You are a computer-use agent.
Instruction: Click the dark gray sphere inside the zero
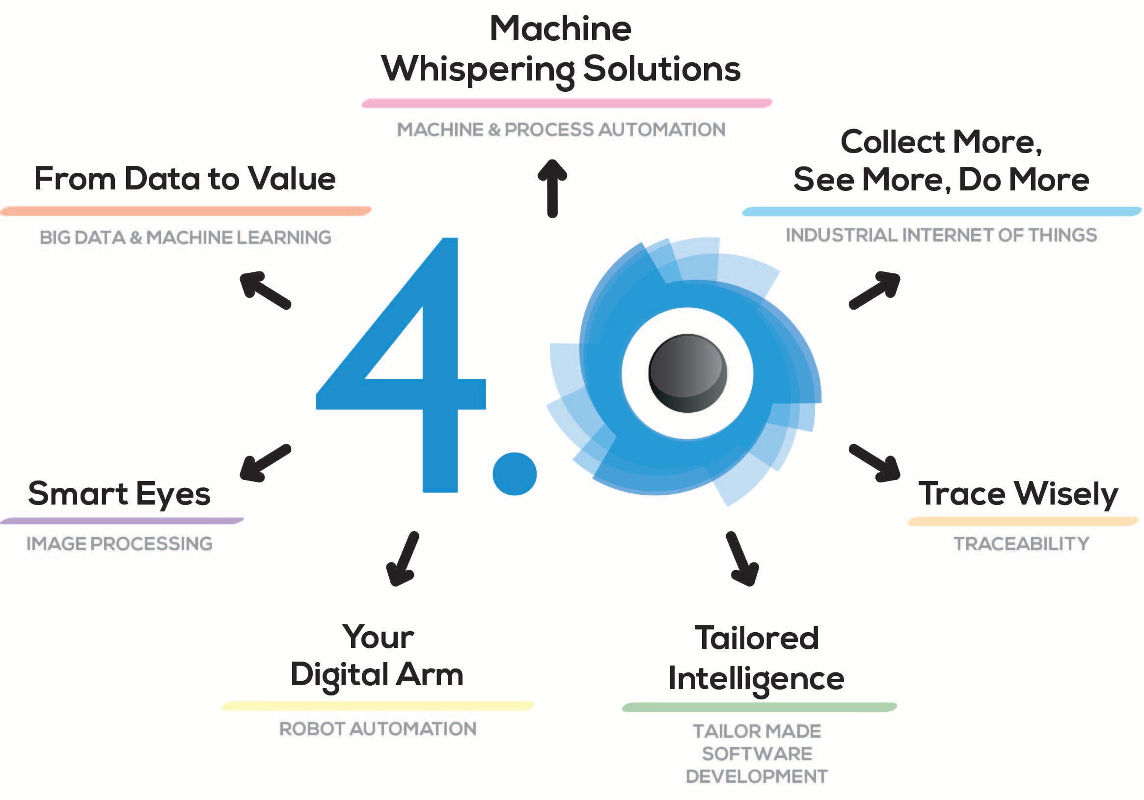pyautogui.click(x=687, y=373)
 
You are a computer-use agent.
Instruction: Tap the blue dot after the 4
pyautogui.click(x=514, y=474)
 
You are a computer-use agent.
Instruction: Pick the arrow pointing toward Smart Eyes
pyautogui.click(x=265, y=463)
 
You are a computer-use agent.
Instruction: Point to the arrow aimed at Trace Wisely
pyautogui.click(x=875, y=463)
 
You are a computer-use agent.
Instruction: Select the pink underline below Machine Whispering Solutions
pyautogui.click(x=567, y=103)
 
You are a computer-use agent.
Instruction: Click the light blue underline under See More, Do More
pyautogui.click(x=941, y=211)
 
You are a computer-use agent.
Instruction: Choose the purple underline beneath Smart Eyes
pyautogui.click(x=122, y=521)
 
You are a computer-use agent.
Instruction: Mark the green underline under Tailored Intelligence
pyautogui.click(x=759, y=707)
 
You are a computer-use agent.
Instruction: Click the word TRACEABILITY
pyautogui.click(x=1021, y=543)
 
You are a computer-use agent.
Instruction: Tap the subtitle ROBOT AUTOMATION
pyautogui.click(x=378, y=729)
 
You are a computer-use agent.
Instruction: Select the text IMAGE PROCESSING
pyautogui.click(x=120, y=543)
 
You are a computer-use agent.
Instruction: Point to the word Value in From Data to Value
pyautogui.click(x=292, y=178)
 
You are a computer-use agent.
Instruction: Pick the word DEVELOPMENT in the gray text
pyautogui.click(x=756, y=776)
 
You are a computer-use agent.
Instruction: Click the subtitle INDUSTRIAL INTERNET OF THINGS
pyautogui.click(x=941, y=235)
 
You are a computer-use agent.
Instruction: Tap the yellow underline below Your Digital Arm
pyautogui.click(x=378, y=705)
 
